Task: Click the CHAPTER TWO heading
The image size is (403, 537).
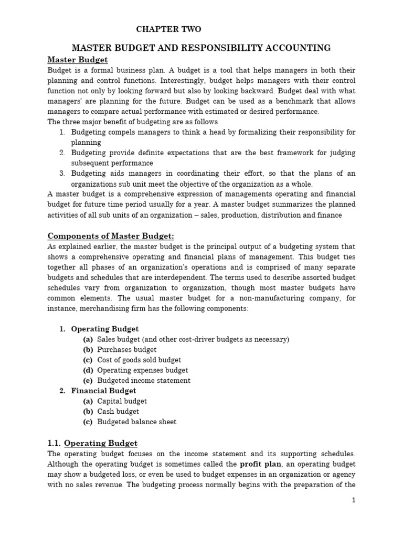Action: click(x=168, y=29)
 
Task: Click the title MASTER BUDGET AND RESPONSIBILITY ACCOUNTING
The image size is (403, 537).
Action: click(x=201, y=48)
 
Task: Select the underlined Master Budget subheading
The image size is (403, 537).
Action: click(x=78, y=60)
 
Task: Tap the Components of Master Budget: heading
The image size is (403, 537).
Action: click(x=111, y=236)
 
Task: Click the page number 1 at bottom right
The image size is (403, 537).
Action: click(x=354, y=500)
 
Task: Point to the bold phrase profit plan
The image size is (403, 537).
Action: click(x=259, y=464)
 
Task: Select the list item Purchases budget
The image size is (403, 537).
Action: click(x=126, y=350)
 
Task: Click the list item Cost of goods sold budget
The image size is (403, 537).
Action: click(x=139, y=360)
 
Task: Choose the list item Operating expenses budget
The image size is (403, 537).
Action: click(x=142, y=370)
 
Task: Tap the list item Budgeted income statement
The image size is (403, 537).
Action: click(x=144, y=381)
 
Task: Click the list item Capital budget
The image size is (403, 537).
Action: click(x=122, y=401)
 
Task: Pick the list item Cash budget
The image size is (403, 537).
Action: click(x=118, y=412)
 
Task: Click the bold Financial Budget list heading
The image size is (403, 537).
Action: click(x=103, y=391)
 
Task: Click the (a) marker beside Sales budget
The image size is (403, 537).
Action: click(x=88, y=339)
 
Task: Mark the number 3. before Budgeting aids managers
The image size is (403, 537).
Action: click(x=62, y=174)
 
